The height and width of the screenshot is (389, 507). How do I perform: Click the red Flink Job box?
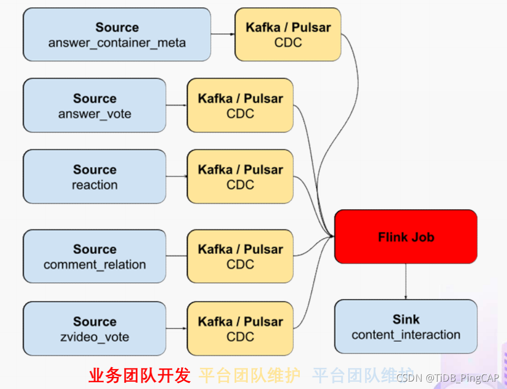pyautogui.click(x=405, y=237)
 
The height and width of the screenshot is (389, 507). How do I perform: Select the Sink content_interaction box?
pyautogui.click(x=405, y=326)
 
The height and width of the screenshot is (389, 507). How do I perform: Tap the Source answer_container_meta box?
pyautogui.click(x=117, y=35)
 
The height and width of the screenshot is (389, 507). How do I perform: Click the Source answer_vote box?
pyautogui.click(x=95, y=106)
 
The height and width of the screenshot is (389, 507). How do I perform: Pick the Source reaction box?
pyautogui.click(x=95, y=177)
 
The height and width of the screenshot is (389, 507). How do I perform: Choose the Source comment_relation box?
pyautogui.click(x=95, y=257)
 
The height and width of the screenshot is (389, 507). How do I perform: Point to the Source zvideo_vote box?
pyautogui.click(x=95, y=329)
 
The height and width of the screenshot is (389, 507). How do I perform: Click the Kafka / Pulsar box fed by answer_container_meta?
pyautogui.click(x=288, y=35)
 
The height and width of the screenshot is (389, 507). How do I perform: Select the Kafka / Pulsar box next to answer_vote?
pyautogui.click(x=240, y=106)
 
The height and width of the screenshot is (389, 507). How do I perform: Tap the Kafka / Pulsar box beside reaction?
pyautogui.click(x=240, y=177)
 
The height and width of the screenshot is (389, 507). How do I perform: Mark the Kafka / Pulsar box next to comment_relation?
pyautogui.click(x=240, y=257)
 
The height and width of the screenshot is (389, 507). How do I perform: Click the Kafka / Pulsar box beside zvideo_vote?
pyautogui.click(x=240, y=329)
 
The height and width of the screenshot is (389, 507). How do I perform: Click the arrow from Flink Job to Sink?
pyautogui.click(x=405, y=281)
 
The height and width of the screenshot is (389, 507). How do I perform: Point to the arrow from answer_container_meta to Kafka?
pyautogui.click(x=223, y=35)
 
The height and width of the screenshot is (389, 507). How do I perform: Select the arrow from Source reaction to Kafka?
pyautogui.click(x=177, y=177)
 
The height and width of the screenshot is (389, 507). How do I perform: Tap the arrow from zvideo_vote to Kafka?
pyautogui.click(x=177, y=329)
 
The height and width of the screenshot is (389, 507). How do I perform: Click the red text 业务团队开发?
pyautogui.click(x=139, y=375)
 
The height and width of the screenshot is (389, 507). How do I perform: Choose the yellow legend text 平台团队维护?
pyautogui.click(x=249, y=375)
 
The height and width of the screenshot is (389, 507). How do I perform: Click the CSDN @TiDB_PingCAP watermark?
pyautogui.click(x=447, y=378)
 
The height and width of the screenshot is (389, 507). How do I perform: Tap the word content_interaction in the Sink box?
pyautogui.click(x=405, y=335)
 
